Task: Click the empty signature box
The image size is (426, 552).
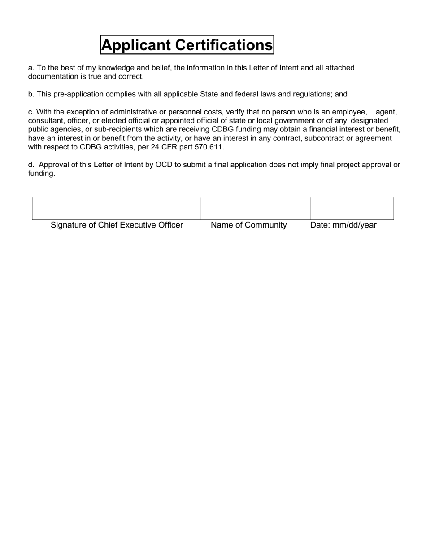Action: [116, 208]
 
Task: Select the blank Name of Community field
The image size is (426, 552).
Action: [255, 208]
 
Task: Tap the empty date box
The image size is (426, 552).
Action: [352, 208]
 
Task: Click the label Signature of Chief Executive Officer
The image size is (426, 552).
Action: [117, 225]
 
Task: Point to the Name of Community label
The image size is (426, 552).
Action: [249, 225]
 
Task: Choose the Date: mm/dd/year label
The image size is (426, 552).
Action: [343, 225]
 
